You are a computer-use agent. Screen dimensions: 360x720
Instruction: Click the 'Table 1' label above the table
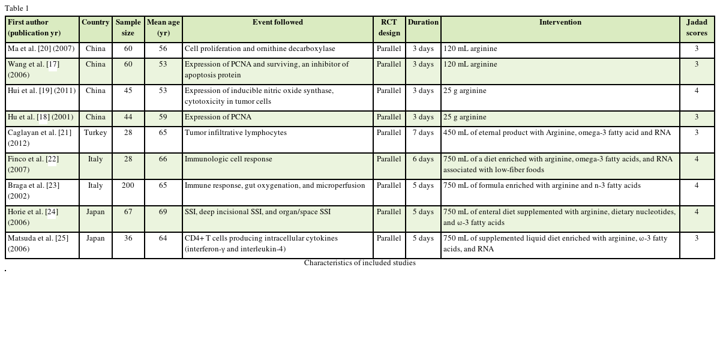[x=17, y=8]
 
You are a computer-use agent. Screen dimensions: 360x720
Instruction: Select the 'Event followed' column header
[x=277, y=23]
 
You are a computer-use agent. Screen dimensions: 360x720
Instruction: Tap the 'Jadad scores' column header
[x=697, y=28]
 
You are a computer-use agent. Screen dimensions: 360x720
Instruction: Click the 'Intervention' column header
[x=560, y=23]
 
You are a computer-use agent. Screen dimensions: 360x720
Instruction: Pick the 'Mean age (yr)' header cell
[x=163, y=28]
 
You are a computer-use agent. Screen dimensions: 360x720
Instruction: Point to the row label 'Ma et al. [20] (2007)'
[x=41, y=49]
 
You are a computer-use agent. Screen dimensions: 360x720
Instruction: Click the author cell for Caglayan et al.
[x=40, y=138]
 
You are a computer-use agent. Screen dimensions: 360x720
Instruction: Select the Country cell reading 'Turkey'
[x=95, y=133]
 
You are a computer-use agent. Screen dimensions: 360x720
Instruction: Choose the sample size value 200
[x=128, y=186]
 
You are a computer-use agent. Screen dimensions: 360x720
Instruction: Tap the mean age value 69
[x=163, y=212]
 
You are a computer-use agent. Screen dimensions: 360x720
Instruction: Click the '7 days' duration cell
[x=423, y=133]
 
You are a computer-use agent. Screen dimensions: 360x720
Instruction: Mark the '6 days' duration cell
[x=423, y=160]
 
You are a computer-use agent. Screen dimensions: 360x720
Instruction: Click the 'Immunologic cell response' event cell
[x=229, y=160]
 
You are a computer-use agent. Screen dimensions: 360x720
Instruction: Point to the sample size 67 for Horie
[x=128, y=212]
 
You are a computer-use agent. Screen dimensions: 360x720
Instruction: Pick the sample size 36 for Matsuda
[x=128, y=239]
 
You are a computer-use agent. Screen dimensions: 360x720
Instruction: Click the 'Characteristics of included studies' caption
[x=359, y=263]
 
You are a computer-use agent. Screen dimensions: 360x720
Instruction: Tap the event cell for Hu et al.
[x=218, y=118]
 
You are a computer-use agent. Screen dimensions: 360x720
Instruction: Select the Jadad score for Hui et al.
[x=697, y=91]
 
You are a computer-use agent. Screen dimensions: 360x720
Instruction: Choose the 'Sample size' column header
[x=128, y=28]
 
